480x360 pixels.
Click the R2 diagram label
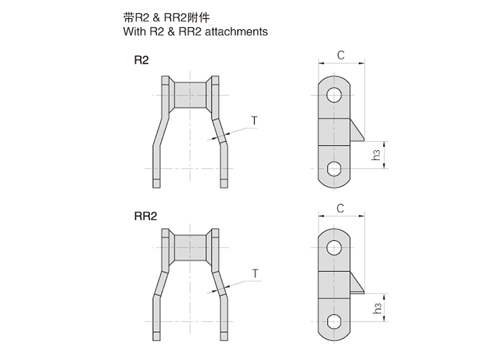click(142, 60)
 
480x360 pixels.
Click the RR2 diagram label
click(146, 216)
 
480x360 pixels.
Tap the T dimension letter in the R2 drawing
click(254, 121)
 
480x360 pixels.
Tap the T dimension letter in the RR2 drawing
click(256, 274)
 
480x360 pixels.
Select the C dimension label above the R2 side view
click(341, 55)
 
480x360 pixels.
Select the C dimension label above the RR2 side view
click(340, 208)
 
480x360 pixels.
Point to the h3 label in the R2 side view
click(376, 155)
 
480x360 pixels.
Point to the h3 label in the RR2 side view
click(377, 308)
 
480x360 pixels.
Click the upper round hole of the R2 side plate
click(334, 95)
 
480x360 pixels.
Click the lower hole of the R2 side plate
click(334, 169)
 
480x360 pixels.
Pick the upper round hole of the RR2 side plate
click(334, 248)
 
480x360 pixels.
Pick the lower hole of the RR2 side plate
click(334, 322)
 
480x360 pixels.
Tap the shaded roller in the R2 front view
click(190, 95)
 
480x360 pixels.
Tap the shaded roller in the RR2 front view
click(190, 248)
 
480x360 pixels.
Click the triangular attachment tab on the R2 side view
click(356, 131)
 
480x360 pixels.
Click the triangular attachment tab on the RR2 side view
click(356, 283)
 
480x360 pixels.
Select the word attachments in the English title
click(236, 32)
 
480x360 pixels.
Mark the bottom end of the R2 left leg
click(157, 187)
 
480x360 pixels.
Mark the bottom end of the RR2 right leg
click(224, 340)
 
